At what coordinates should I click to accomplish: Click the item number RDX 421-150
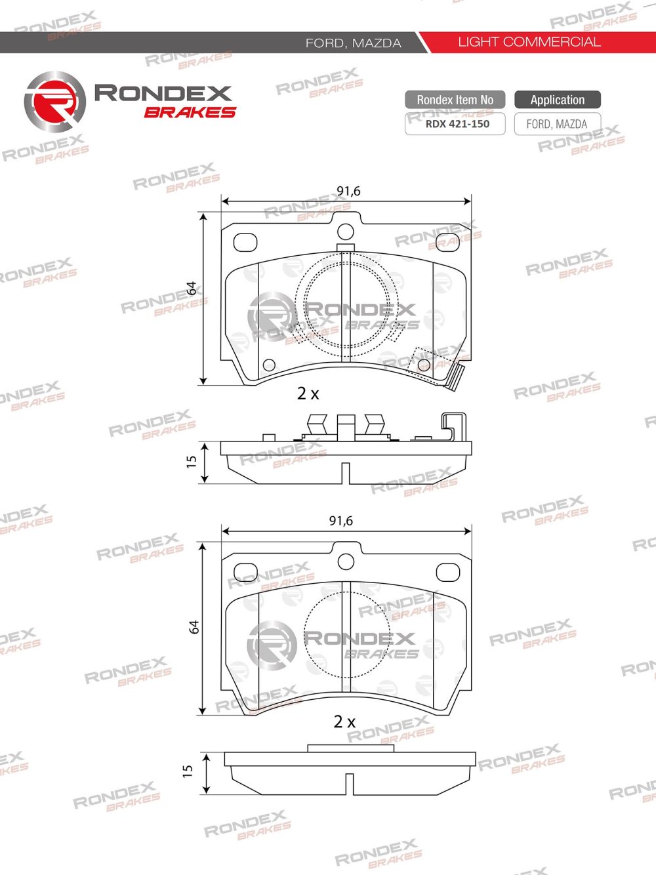click(457, 124)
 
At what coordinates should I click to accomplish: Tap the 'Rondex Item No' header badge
click(455, 100)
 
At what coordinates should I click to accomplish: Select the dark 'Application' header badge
click(557, 100)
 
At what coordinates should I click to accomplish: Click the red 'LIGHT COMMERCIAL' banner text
click(529, 42)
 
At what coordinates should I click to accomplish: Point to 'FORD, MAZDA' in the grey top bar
click(353, 43)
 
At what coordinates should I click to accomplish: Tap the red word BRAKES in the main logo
click(190, 112)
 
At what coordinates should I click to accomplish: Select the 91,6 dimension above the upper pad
click(348, 191)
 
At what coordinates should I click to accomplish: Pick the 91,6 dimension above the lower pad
click(341, 521)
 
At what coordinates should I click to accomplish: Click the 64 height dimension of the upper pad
click(192, 288)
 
